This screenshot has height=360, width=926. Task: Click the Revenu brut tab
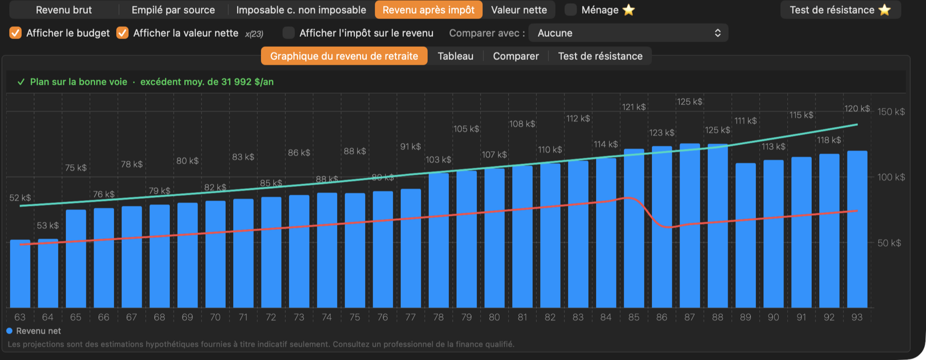tap(64, 10)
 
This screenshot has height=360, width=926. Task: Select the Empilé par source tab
tap(173, 10)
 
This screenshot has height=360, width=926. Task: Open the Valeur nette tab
tap(519, 10)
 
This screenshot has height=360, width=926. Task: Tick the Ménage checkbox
tap(570, 10)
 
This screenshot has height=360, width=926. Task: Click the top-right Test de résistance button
tap(840, 10)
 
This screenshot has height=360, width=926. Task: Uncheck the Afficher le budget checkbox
tap(16, 33)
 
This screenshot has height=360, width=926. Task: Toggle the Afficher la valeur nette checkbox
tap(123, 33)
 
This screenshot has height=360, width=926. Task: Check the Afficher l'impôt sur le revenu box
tap(288, 33)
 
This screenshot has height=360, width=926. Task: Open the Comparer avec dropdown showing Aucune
tap(628, 33)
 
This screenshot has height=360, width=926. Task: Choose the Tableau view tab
tap(456, 56)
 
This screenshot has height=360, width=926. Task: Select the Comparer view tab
tap(516, 56)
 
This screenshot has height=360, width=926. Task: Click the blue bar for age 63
tap(20, 274)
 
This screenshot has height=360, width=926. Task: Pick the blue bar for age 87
tap(690, 226)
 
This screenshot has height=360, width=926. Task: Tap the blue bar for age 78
tap(439, 241)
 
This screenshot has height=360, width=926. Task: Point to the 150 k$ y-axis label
tap(891, 112)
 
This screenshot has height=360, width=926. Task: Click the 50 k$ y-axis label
tap(889, 243)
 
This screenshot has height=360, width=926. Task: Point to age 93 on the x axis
tap(857, 317)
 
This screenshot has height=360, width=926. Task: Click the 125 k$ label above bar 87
tap(690, 102)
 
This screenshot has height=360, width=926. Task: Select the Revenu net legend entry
tap(34, 331)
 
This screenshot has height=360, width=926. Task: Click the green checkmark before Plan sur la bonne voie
tap(21, 82)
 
